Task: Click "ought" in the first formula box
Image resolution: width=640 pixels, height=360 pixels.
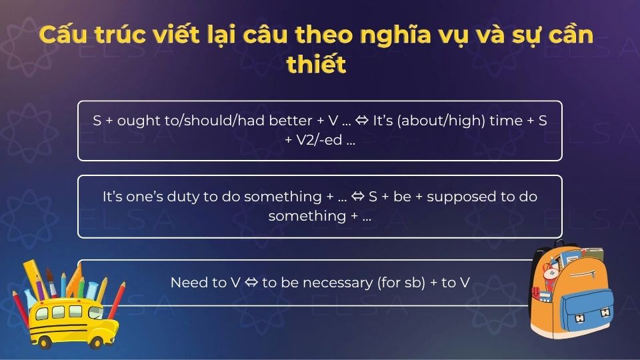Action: coord(137,121)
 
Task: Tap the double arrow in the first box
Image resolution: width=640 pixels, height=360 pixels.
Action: coord(362,121)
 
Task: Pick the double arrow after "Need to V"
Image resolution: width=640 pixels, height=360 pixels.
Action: coord(251,283)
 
